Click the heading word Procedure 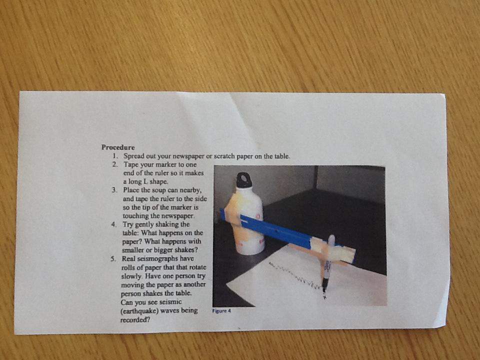(x=118, y=147)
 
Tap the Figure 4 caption (x=221, y=311)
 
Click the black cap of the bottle (x=244, y=180)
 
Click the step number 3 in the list (x=114, y=190)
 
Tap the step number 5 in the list (x=113, y=259)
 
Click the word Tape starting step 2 (x=130, y=164)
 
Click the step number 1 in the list (x=115, y=156)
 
